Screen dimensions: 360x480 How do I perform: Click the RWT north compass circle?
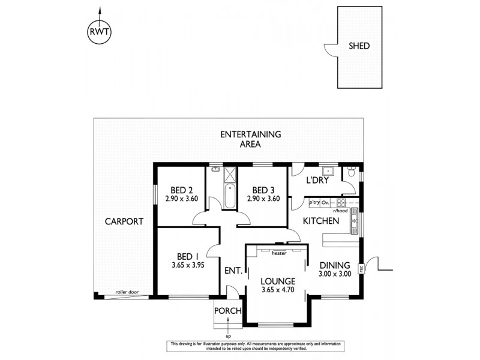100,33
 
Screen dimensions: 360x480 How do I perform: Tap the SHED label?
359,46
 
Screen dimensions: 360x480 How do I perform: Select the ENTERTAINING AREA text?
250,139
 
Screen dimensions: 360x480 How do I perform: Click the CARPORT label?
124,221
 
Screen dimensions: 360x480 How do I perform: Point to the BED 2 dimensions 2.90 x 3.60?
181,199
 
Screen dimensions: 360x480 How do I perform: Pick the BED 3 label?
263,189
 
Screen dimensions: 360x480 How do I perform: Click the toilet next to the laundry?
352,173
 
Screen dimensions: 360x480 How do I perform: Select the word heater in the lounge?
278,253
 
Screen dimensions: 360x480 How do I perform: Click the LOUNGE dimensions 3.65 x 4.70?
277,292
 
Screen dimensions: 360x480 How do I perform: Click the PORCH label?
228,311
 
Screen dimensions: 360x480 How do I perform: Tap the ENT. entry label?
233,271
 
